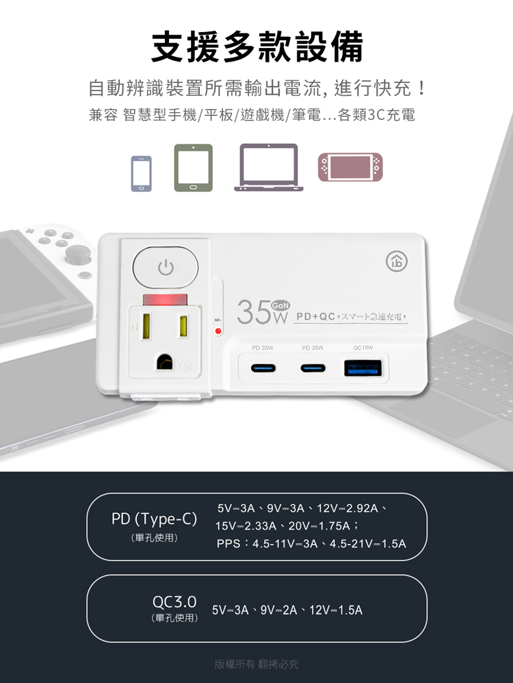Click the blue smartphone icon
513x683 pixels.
point(142,173)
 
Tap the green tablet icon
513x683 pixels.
point(193,168)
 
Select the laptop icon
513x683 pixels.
point(269,167)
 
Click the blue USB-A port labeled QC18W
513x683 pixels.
point(363,369)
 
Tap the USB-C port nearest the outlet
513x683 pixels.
point(263,369)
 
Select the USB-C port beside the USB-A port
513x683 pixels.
point(313,369)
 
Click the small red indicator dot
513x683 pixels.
point(218,331)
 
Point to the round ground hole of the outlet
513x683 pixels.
point(165,361)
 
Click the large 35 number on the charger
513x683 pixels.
point(254,313)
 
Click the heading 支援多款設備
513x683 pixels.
point(256,46)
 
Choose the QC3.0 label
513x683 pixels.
point(174,602)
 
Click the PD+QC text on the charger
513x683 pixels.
point(315,317)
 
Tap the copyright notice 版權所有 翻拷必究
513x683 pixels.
point(256,664)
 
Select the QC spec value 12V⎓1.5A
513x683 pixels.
point(336,610)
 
